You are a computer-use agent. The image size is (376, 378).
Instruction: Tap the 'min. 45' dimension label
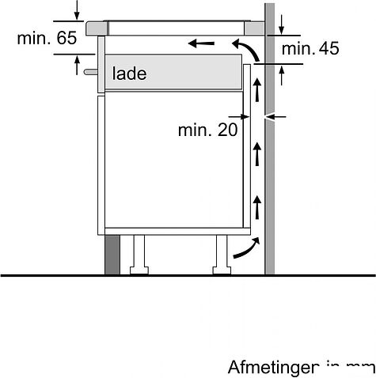[310, 50]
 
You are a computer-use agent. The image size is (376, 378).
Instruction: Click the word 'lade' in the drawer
[129, 74]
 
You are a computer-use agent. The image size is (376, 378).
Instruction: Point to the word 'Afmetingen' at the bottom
[272, 368]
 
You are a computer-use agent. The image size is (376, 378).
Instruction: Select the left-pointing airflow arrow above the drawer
[202, 42]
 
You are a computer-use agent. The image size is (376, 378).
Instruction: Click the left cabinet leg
[139, 252]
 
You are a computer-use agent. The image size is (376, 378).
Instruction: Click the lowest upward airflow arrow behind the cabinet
[257, 209]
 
